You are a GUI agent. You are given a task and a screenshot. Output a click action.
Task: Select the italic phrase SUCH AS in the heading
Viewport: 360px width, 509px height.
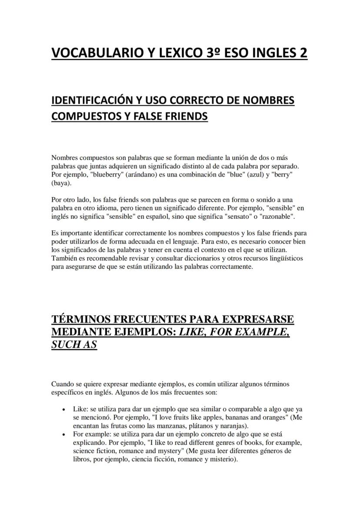click(74, 345)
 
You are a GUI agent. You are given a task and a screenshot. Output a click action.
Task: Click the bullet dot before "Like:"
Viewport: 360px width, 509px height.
click(64, 410)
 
